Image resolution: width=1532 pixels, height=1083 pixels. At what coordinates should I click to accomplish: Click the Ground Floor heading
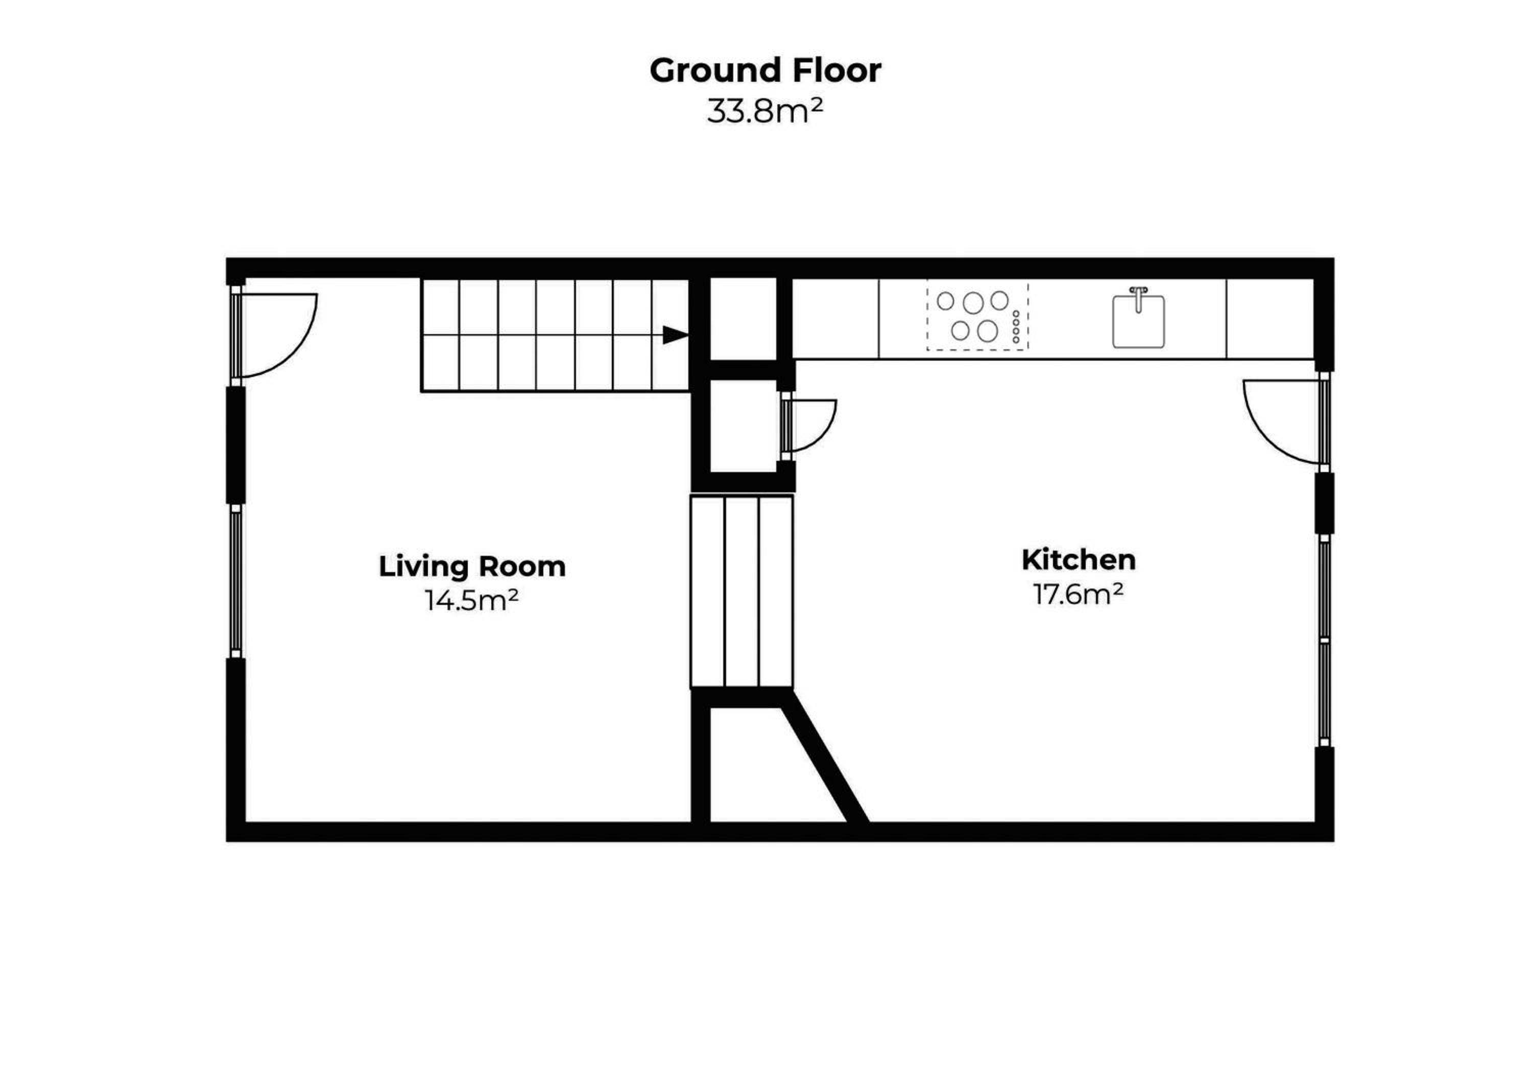click(x=765, y=70)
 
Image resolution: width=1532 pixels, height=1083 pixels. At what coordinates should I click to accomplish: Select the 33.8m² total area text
click(x=765, y=111)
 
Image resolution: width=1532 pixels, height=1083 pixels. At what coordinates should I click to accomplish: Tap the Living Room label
click(x=472, y=567)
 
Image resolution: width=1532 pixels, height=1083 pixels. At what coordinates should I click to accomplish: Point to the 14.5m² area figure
click(x=472, y=600)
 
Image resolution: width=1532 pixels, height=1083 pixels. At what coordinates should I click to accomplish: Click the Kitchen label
click(x=1078, y=560)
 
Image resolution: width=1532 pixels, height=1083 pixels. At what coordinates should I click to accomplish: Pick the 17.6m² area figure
click(x=1078, y=593)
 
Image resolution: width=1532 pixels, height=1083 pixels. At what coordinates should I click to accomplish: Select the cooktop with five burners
click(x=977, y=316)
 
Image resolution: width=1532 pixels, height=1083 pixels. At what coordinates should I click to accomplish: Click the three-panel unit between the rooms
click(x=741, y=591)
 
